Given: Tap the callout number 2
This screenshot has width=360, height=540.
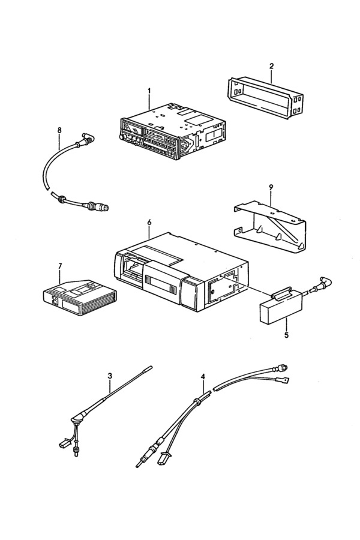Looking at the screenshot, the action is pyautogui.click(x=271, y=66).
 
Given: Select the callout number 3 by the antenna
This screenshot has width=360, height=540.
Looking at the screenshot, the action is pyautogui.click(x=110, y=376).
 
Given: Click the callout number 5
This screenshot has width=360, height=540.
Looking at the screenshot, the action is pyautogui.click(x=286, y=334).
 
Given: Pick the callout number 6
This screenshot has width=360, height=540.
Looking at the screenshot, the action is pyautogui.click(x=149, y=223).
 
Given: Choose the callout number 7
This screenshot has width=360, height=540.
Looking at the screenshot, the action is pyautogui.click(x=60, y=266).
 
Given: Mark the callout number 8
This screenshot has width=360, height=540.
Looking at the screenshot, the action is pyautogui.click(x=59, y=130).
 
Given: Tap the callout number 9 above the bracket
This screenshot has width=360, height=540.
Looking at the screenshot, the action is pyautogui.click(x=271, y=187).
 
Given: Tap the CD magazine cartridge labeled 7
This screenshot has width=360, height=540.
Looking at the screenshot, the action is pyautogui.click(x=80, y=297).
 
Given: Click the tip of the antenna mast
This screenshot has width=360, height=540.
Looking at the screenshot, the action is pyautogui.click(x=150, y=367).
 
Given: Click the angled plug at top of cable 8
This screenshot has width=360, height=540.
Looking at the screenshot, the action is pyautogui.click(x=88, y=139).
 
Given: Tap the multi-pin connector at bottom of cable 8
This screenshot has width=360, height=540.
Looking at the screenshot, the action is pyautogui.click(x=101, y=206).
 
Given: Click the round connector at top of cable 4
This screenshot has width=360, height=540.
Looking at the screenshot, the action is pyautogui.click(x=280, y=368).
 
